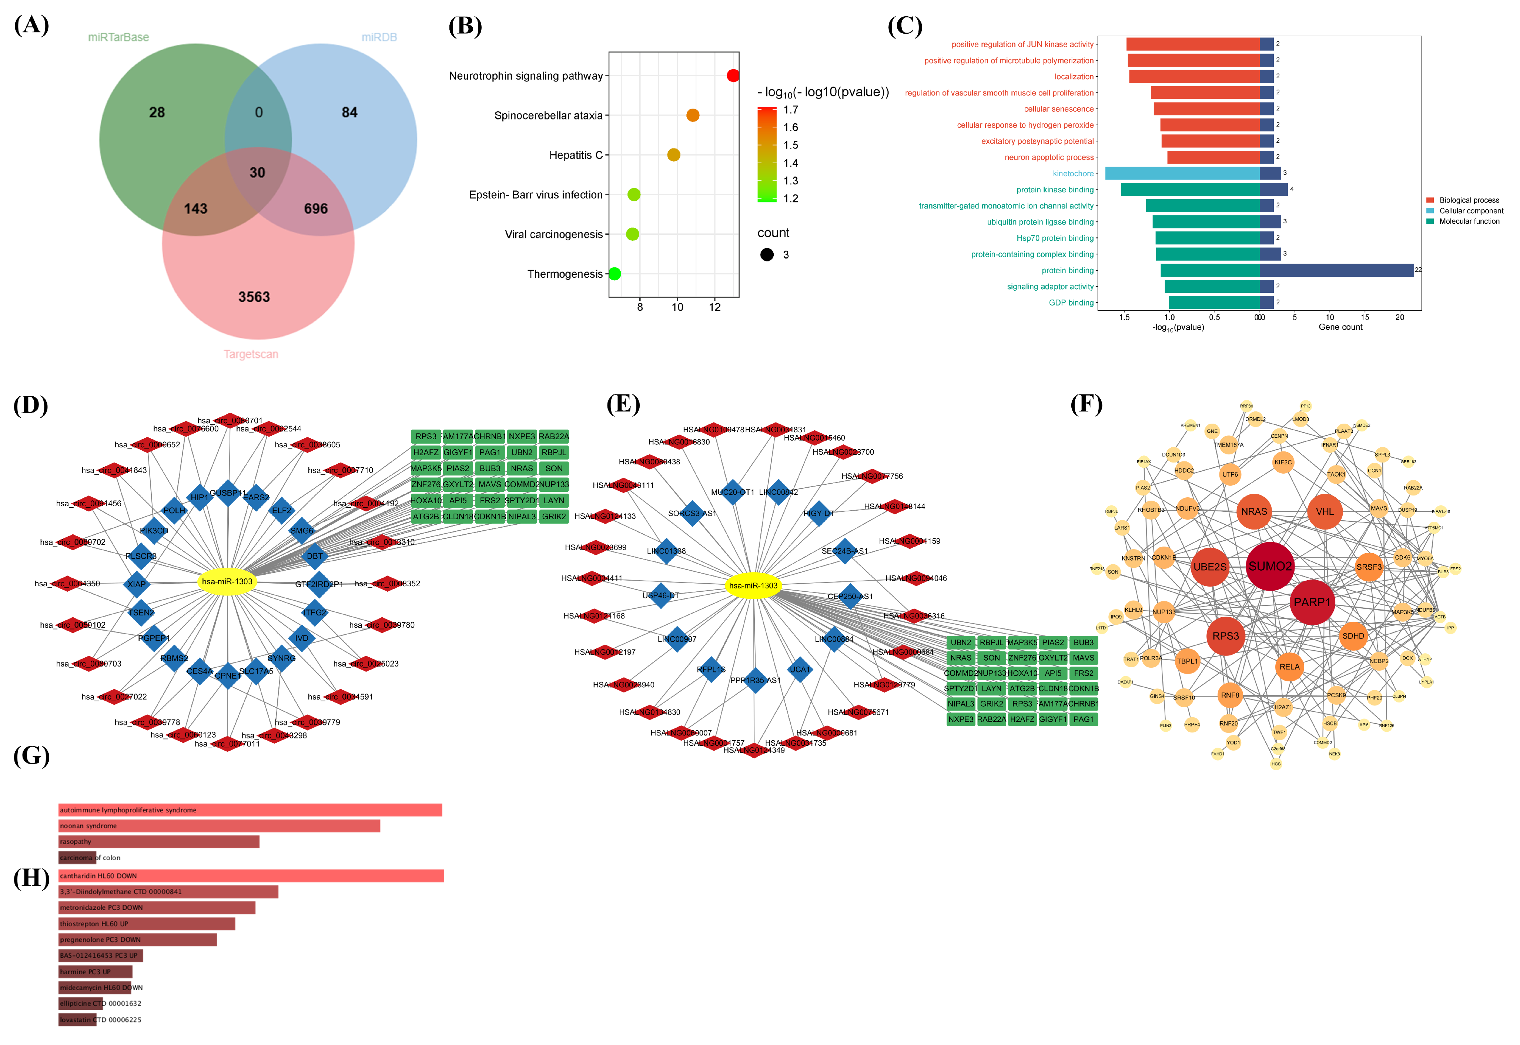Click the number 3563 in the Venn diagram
click(x=254, y=297)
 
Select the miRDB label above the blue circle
click(x=379, y=37)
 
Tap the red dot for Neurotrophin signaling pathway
click(x=733, y=76)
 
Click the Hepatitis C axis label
click(x=575, y=155)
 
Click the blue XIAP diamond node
click(x=137, y=584)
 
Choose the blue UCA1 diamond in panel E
click(x=799, y=669)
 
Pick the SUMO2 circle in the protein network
click(x=1270, y=566)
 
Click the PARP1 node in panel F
click(x=1312, y=602)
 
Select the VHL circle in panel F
click(x=1324, y=511)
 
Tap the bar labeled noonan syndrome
click(x=219, y=826)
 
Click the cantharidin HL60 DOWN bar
click(x=251, y=876)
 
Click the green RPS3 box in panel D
click(x=425, y=437)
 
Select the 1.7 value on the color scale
click(x=791, y=110)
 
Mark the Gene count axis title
click(x=1340, y=327)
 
